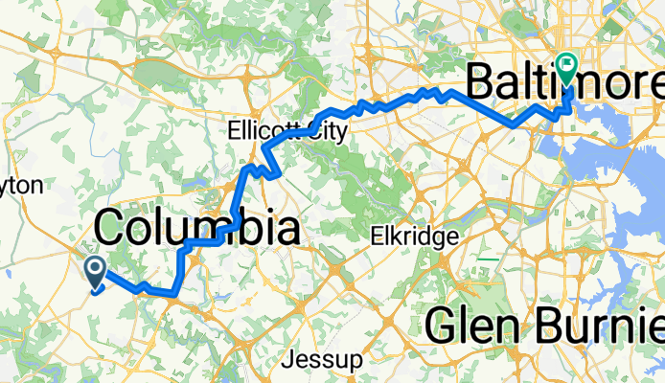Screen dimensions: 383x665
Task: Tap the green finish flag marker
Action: point(567,69)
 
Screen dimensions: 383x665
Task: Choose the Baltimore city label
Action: point(564,84)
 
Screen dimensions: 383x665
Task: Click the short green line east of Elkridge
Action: point(489,258)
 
